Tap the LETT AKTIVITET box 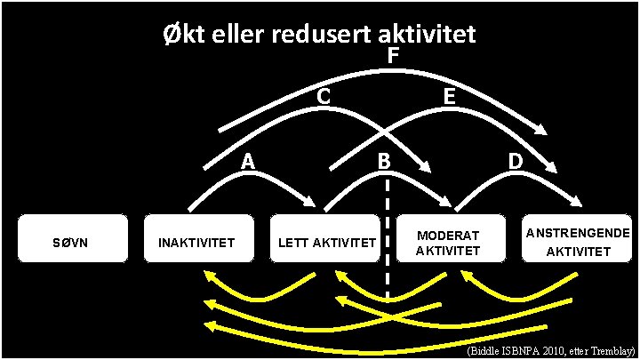(325, 241)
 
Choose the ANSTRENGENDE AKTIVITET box (578, 241)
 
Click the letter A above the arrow (249, 161)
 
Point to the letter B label (383, 161)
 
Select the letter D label (515, 161)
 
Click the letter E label (450, 94)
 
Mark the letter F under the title (392, 57)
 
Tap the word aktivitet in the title (428, 35)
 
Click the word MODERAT (448, 235)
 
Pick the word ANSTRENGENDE (579, 232)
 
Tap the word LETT (292, 242)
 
